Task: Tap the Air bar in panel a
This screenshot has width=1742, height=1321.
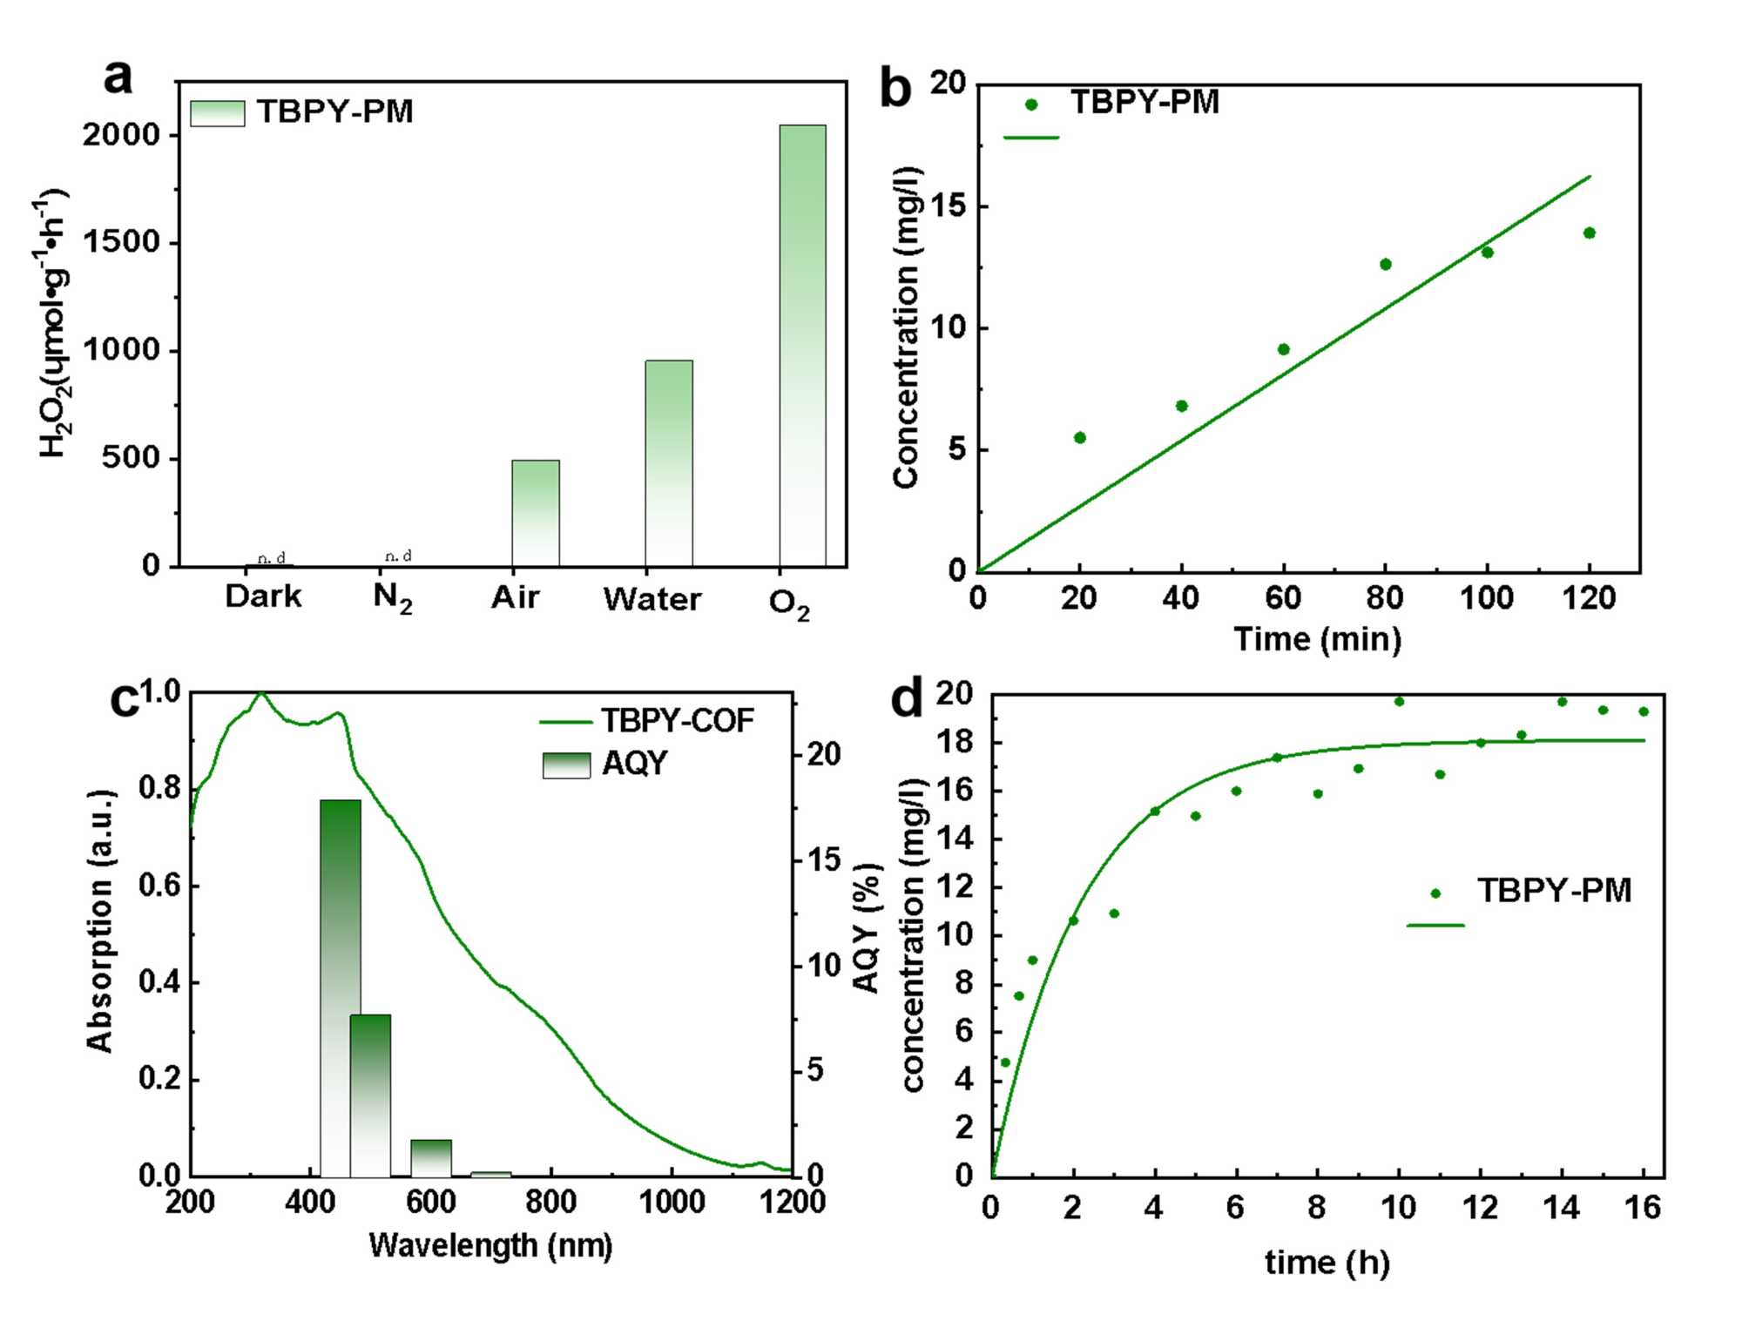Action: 535,513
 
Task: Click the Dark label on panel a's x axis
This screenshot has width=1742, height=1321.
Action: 263,597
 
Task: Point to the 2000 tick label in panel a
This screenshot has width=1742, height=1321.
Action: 122,135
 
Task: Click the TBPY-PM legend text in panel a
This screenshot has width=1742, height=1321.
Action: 334,112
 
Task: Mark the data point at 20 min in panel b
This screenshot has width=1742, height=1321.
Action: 1080,437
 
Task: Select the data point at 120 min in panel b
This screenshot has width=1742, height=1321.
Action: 1590,233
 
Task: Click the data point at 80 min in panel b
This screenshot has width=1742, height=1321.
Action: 1386,264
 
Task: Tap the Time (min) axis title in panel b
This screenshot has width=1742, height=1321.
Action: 1317,639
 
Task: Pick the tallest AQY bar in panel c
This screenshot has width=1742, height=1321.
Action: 340,987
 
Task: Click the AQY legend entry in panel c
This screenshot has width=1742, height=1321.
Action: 634,764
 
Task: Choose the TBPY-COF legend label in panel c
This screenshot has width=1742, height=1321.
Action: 677,721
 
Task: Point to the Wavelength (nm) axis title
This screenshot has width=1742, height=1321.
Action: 490,1245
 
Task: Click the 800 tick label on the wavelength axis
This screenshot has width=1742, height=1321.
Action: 550,1203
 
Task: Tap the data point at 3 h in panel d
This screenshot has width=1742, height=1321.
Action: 1114,913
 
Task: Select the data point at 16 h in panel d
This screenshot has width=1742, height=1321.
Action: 1644,711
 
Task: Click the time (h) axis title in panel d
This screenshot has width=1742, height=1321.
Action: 1327,1262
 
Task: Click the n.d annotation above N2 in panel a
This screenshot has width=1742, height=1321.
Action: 398,556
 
